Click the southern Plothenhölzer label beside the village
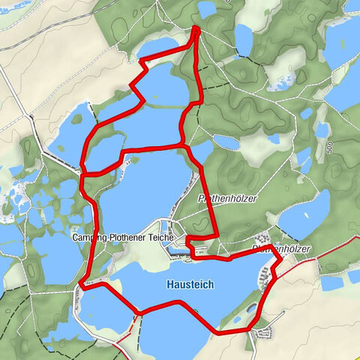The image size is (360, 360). pos(281,247)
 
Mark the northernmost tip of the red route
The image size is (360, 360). pos(196,28)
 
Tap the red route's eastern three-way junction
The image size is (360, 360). pos(181,142)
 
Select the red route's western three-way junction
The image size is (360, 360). pos(82,174)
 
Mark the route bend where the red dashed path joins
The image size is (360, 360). pos(138,312)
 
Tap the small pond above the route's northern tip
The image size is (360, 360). pos(205,9)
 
